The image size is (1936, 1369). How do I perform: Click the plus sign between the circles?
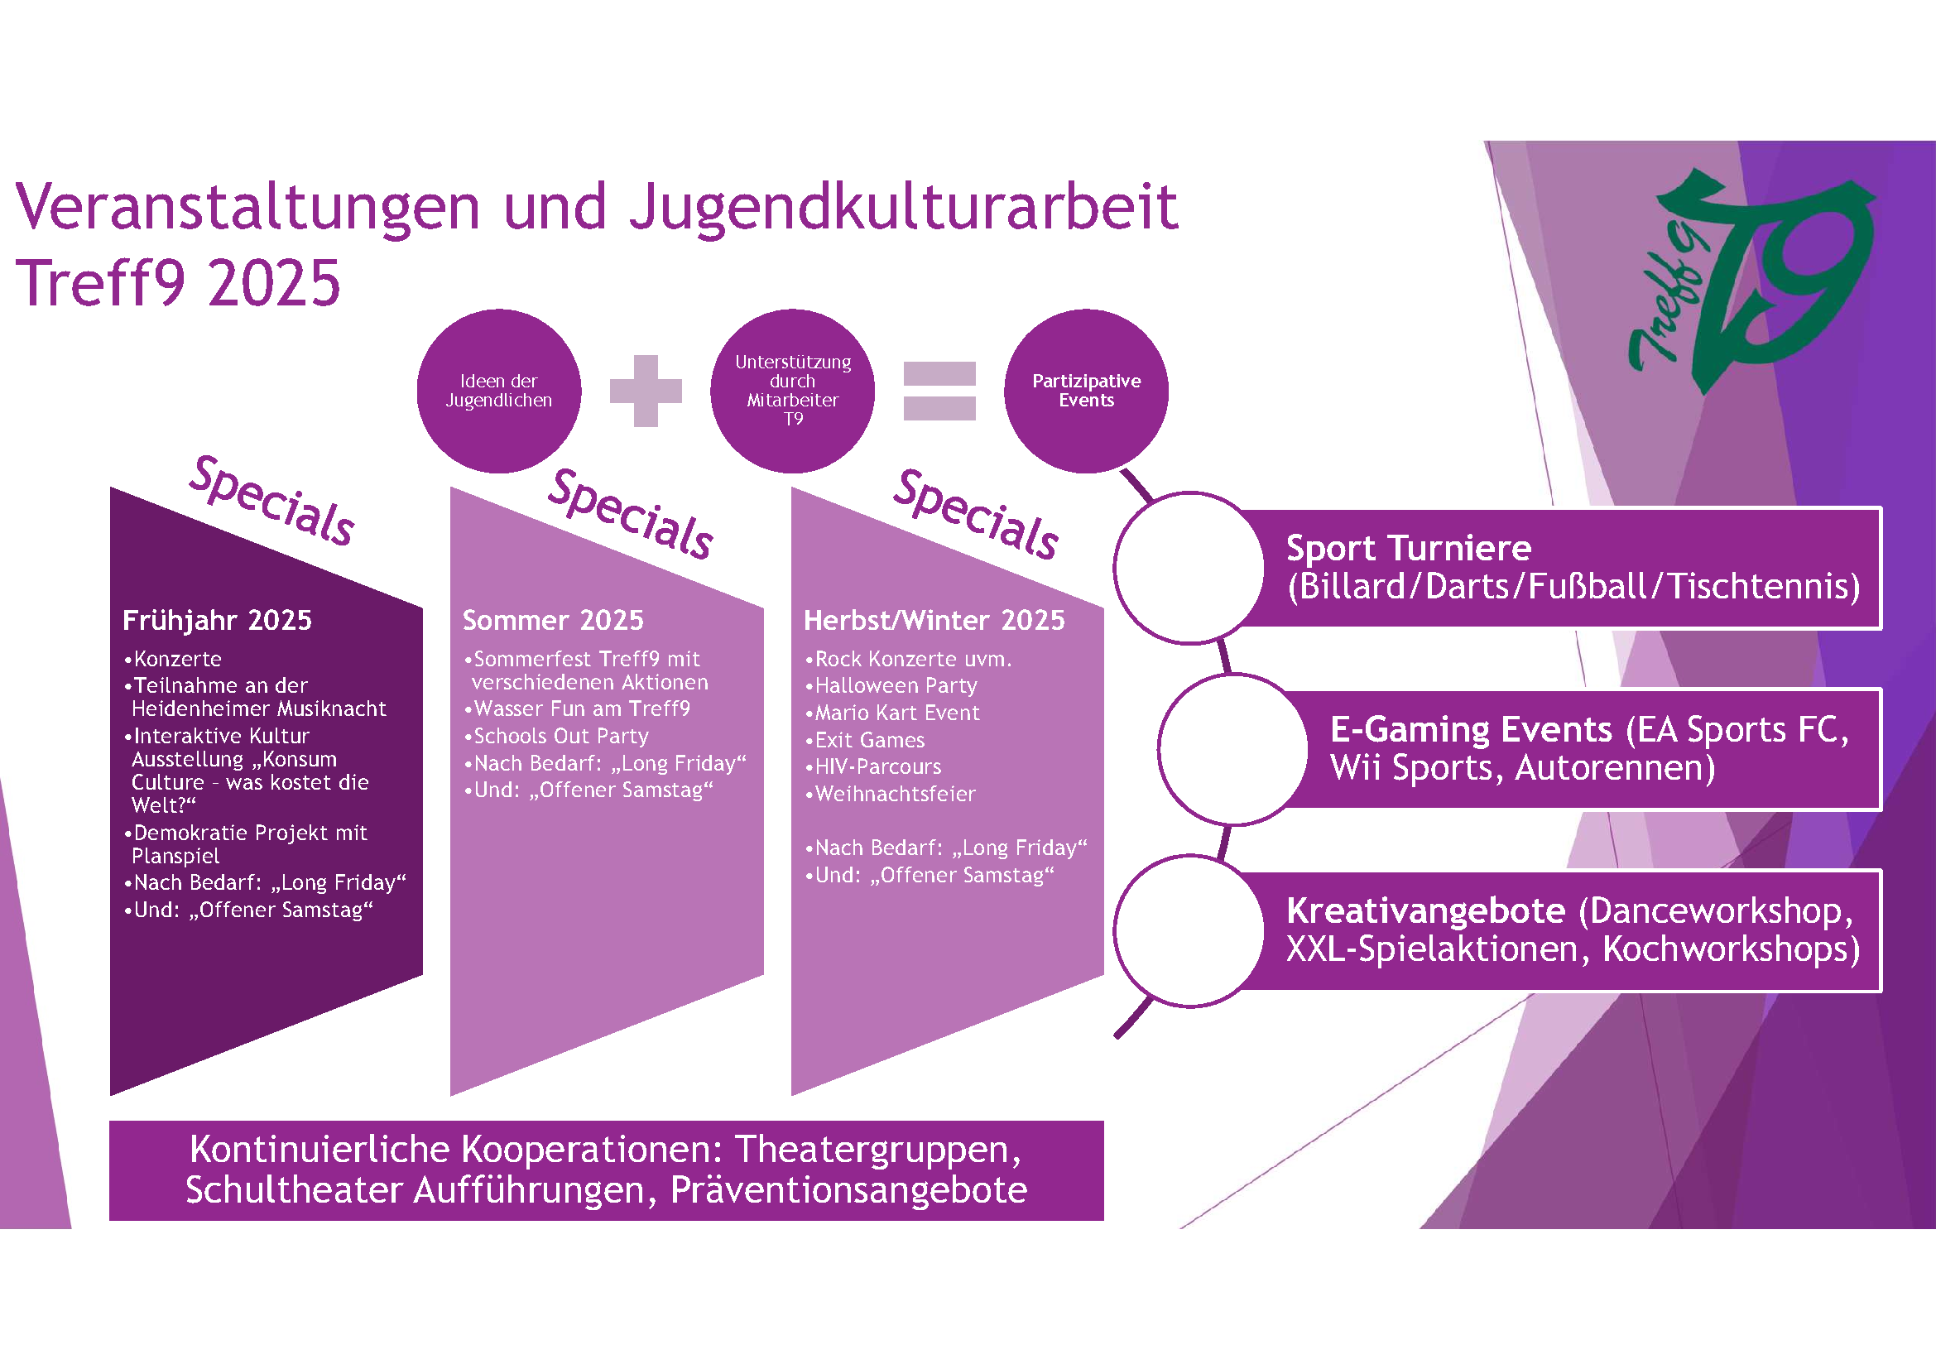point(645,391)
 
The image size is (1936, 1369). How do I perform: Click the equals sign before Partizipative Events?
point(939,391)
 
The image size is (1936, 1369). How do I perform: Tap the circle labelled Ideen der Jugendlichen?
point(498,391)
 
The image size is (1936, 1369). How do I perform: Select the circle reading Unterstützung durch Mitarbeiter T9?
point(793,391)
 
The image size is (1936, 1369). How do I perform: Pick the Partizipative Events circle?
point(1086,391)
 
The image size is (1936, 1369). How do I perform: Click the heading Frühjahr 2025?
point(217,621)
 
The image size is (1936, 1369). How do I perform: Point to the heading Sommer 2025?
point(553,621)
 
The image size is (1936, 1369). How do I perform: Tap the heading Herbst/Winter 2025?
point(934,621)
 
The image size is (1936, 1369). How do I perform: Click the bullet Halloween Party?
point(896,685)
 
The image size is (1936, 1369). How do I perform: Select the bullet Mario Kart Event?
point(897,713)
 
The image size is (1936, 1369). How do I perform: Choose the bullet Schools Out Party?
point(560,736)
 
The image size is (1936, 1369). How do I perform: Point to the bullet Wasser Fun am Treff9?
point(582,709)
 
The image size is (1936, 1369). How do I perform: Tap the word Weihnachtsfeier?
point(896,794)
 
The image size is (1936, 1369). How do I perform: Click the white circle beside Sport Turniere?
point(1189,568)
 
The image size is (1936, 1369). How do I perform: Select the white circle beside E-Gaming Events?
point(1232,748)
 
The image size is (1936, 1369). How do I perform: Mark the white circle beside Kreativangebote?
point(1189,930)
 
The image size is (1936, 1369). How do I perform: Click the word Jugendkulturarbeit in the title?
point(903,207)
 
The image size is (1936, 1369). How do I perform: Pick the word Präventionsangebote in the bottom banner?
point(848,1189)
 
